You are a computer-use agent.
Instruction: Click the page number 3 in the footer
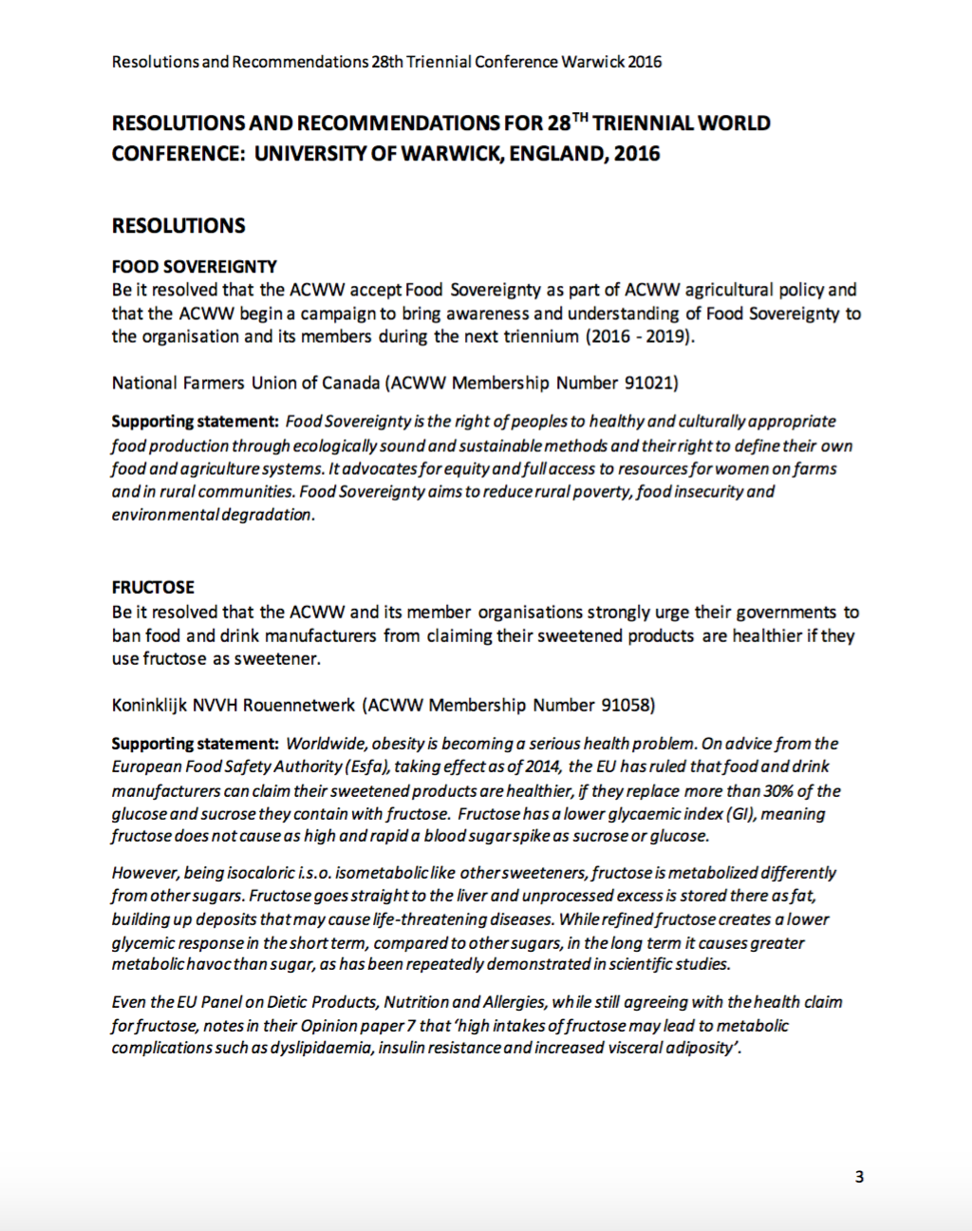859,1177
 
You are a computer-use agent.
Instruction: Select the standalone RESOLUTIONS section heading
178,226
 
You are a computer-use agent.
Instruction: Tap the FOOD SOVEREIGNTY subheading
195,267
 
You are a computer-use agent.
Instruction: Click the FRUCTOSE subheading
153,587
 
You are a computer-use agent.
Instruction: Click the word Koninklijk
150,705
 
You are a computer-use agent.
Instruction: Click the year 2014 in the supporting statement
544,767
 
